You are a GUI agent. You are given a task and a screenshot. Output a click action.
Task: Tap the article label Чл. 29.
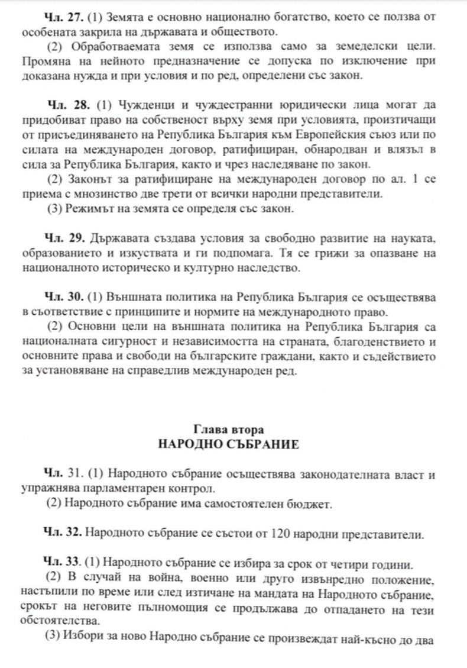(64, 238)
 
